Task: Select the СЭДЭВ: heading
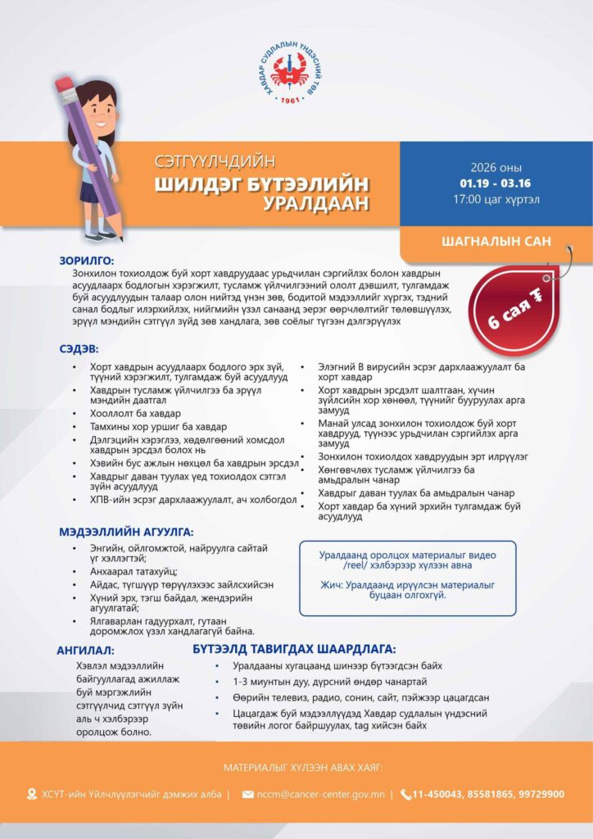pos(79,348)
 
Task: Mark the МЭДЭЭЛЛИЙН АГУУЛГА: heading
pos(126,532)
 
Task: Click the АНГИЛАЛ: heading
pos(85,650)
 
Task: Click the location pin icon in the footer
pos(32,794)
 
